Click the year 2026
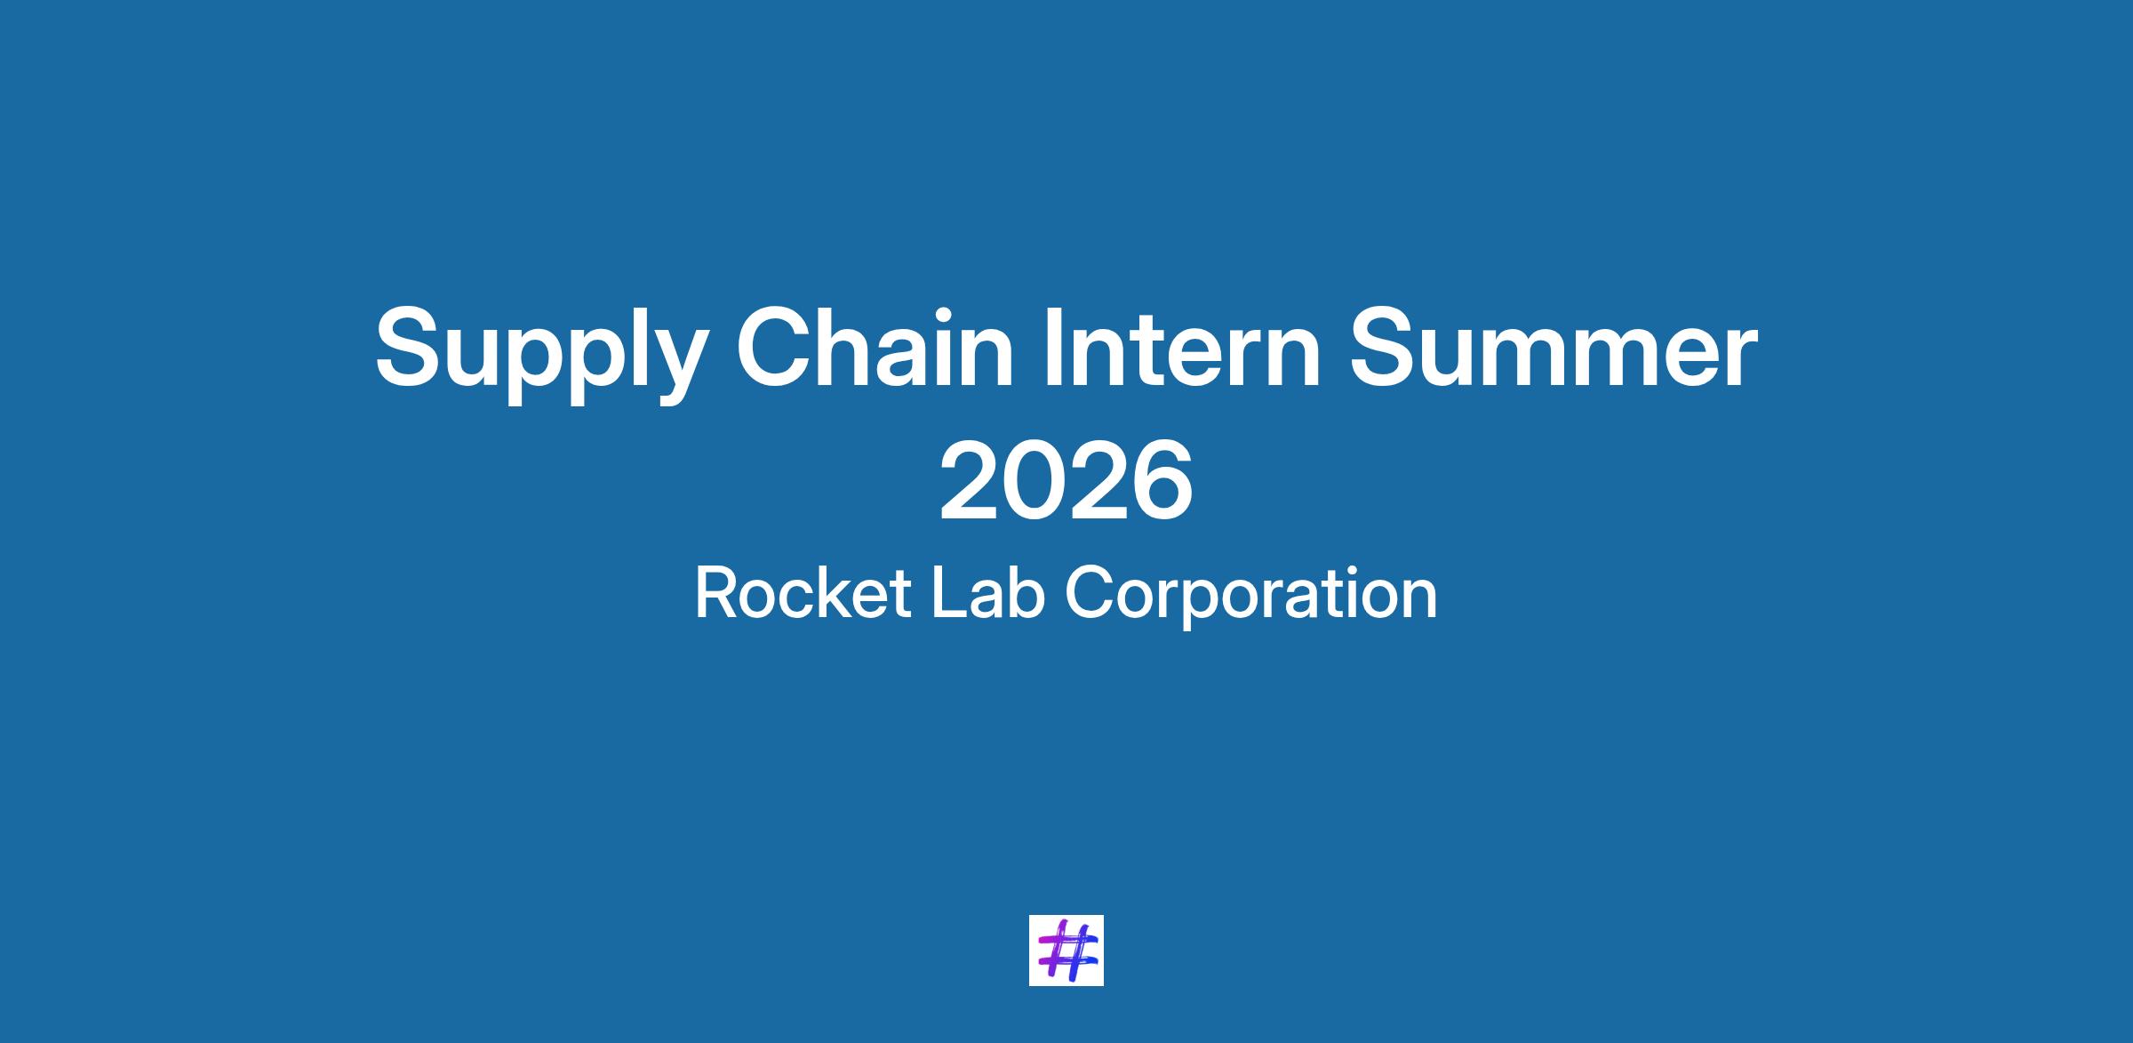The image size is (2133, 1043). (1066, 482)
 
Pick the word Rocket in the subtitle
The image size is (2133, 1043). (803, 593)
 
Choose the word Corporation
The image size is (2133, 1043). (1250, 597)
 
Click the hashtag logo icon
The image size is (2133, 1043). (1066, 950)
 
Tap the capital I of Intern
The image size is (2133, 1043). (1055, 346)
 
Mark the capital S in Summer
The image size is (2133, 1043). (1386, 346)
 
